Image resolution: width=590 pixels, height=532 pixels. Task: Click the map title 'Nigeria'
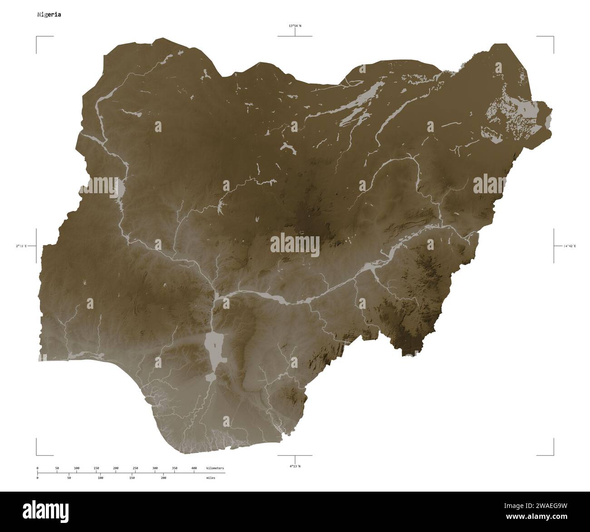click(x=49, y=15)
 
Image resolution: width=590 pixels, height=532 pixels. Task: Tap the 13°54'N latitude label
click(x=295, y=26)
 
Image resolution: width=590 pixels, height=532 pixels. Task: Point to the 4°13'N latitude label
click(x=295, y=466)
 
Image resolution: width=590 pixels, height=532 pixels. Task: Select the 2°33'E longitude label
click(x=21, y=246)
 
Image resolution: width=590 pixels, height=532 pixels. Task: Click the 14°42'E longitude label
click(x=569, y=246)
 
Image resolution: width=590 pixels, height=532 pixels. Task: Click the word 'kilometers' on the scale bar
click(x=215, y=468)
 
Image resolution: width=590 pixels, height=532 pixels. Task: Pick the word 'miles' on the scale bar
click(x=210, y=478)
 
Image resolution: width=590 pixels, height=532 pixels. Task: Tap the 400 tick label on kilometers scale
click(x=194, y=468)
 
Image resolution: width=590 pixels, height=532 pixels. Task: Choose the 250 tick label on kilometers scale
click(x=135, y=468)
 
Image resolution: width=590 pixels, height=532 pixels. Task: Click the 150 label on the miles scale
click(x=132, y=478)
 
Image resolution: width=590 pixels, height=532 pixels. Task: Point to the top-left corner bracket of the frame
click(x=37, y=37)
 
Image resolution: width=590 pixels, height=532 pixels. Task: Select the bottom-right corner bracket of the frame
click(x=552, y=454)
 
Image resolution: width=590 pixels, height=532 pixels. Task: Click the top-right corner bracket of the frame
click(x=552, y=37)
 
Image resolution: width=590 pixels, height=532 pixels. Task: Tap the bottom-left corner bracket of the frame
click(x=37, y=454)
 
